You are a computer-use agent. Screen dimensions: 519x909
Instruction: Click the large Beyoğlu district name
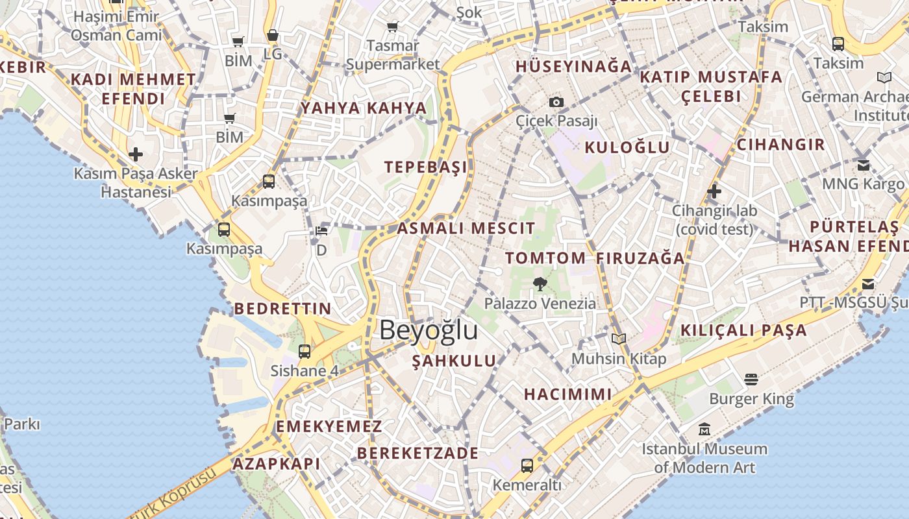[429, 330]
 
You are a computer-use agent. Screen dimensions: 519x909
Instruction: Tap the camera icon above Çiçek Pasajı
[556, 102]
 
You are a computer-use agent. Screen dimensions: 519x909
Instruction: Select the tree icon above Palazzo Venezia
[539, 283]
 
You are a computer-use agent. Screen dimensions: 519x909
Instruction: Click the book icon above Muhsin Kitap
[619, 339]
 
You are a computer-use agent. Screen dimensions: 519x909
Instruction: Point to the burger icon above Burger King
[751, 379]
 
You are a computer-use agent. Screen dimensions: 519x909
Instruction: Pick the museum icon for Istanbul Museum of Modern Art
[704, 429]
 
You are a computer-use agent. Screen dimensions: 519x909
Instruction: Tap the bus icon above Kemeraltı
[527, 465]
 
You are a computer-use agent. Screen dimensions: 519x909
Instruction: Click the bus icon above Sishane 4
[305, 352]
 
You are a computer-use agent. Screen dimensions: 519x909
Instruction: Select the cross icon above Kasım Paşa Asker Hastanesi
[136, 154]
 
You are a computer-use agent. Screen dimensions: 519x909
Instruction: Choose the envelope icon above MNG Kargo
[864, 165]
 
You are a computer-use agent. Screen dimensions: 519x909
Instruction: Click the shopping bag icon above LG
[273, 35]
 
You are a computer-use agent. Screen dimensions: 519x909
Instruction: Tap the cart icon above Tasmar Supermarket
[392, 27]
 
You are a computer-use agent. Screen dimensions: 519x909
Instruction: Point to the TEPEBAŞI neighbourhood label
[425, 167]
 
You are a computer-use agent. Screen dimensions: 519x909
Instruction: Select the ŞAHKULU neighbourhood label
[454, 361]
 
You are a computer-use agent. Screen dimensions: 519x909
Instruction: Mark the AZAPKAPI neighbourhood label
[277, 463]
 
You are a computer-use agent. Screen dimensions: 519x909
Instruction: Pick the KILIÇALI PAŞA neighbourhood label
[743, 330]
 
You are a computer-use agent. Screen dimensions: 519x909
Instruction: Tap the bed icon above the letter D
[321, 231]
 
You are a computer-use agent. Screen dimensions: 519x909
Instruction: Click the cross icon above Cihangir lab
[714, 191]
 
